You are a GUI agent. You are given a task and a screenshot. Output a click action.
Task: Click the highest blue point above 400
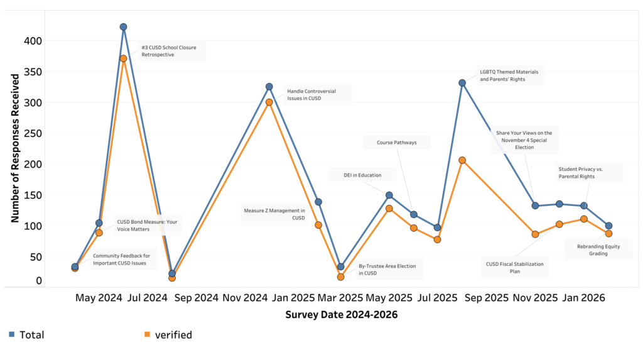[124, 27]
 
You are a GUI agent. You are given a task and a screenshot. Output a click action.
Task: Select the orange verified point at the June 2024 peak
[124, 58]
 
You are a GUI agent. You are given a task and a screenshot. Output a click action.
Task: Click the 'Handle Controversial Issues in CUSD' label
[311, 95]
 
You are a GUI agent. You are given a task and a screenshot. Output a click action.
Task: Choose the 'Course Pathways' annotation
[397, 143]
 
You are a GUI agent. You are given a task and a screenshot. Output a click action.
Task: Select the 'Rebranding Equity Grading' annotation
[598, 250]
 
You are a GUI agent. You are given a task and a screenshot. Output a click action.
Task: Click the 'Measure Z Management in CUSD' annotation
[274, 214]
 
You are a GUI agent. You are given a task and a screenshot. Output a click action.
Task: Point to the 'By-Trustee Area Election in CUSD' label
[387, 270]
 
